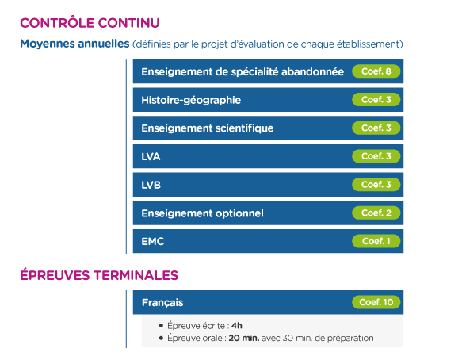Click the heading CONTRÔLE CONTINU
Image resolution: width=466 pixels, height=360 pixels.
tap(90, 23)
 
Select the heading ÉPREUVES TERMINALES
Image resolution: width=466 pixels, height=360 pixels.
tap(99, 274)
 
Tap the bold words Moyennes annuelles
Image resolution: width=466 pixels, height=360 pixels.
tap(74, 44)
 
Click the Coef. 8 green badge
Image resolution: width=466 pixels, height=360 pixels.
tap(376, 71)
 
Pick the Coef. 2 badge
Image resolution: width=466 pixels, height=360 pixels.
tap(376, 213)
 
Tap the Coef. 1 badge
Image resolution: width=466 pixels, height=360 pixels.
tap(376, 241)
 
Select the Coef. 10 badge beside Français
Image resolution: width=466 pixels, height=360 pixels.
tap(376, 302)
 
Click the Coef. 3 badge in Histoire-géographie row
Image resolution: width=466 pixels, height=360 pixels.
tap(376, 100)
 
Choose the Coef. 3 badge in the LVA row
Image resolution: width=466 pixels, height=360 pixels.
tap(376, 156)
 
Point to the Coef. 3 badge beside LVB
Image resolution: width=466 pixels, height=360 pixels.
tap(376, 184)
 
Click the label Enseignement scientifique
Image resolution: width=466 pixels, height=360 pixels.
tap(208, 128)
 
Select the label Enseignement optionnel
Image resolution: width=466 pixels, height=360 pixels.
tap(202, 213)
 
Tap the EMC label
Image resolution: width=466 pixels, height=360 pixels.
tap(152, 241)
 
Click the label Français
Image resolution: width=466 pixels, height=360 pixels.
tap(162, 303)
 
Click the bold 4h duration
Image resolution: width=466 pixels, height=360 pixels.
tap(237, 326)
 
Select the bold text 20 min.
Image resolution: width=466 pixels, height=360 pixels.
tap(244, 338)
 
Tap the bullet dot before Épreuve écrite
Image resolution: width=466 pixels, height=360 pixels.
tap(161, 326)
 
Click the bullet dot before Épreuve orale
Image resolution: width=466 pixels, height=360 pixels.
tap(161, 338)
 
